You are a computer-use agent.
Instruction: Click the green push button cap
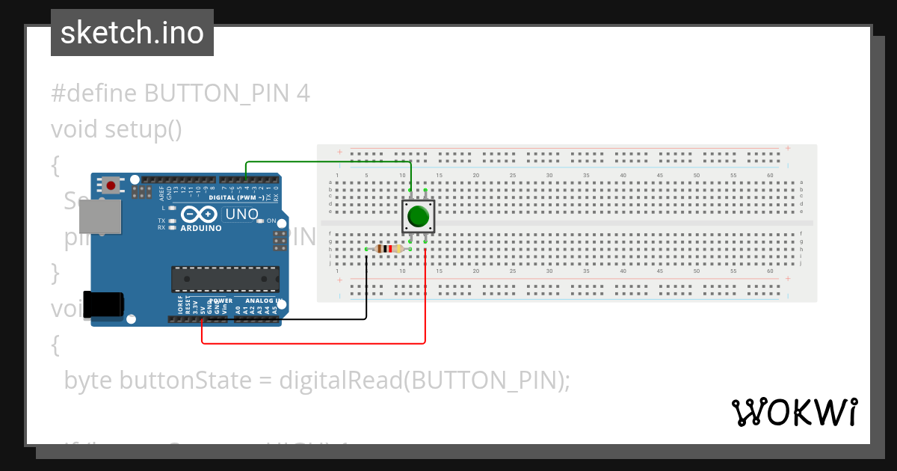click(x=418, y=217)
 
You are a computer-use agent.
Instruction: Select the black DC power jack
click(x=103, y=304)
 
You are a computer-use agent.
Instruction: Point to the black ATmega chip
click(x=225, y=279)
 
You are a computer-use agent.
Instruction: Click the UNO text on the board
click(x=241, y=215)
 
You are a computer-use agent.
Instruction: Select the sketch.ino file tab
click(x=132, y=33)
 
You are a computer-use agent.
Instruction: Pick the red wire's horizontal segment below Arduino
click(x=314, y=344)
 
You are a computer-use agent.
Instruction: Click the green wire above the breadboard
click(x=329, y=161)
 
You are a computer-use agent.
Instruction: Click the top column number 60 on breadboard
click(x=770, y=176)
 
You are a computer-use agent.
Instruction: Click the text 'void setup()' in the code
click(x=117, y=129)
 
